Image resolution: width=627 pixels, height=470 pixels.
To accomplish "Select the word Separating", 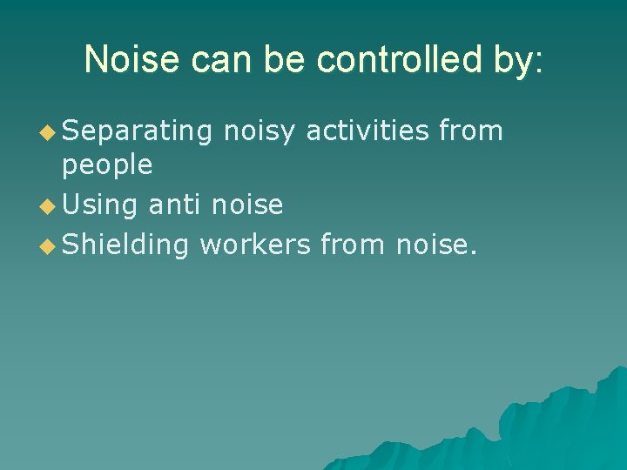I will tap(138, 132).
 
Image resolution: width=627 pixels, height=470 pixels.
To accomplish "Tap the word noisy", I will tap(260, 132).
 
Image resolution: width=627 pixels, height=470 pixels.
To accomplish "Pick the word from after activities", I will tap(471, 131).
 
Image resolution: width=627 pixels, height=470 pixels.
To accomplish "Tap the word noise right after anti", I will tap(247, 205).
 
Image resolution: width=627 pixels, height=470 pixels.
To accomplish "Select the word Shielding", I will tap(125, 246).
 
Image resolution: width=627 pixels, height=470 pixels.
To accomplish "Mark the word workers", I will tap(254, 245).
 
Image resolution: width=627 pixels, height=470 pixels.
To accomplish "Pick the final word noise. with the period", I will tap(436, 245).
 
